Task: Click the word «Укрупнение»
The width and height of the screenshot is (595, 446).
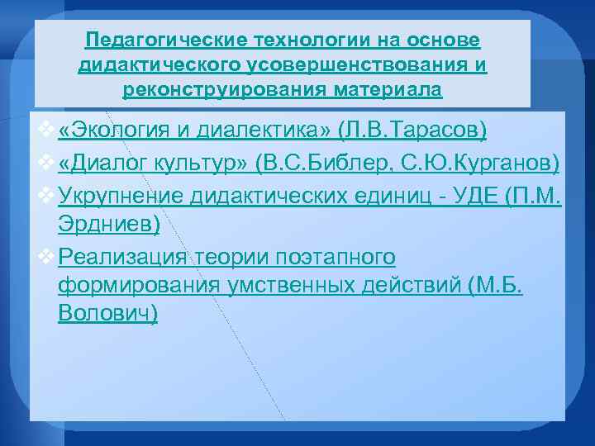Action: pyautogui.click(x=121, y=196)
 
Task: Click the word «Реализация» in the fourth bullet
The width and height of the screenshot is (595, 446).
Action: pyautogui.click(x=123, y=258)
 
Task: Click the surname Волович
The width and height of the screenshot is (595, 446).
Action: pyautogui.click(x=107, y=314)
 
